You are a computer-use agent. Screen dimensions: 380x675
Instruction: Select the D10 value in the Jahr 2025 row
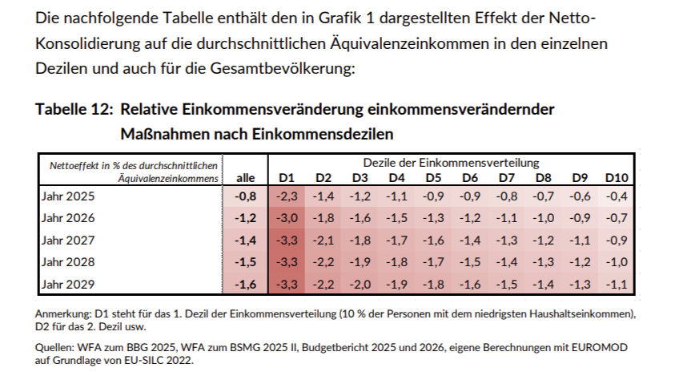point(617,195)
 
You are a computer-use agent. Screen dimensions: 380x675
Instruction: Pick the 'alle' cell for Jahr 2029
point(245,284)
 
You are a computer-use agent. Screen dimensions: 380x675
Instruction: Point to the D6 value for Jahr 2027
point(470,240)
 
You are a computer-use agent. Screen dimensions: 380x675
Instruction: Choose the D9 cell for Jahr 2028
point(580,261)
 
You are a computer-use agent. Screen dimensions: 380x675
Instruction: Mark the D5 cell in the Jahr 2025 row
point(433,195)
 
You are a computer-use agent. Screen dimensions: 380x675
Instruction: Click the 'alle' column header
point(246,177)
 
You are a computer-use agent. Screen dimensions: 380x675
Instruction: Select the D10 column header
point(617,177)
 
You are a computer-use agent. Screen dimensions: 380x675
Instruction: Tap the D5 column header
point(433,177)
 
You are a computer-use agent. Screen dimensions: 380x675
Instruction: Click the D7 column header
point(506,177)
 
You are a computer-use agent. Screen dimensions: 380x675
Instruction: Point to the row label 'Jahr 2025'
point(67,195)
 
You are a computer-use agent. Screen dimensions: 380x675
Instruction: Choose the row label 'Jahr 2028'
point(67,261)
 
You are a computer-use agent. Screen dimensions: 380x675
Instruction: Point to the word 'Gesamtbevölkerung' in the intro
point(272,68)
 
